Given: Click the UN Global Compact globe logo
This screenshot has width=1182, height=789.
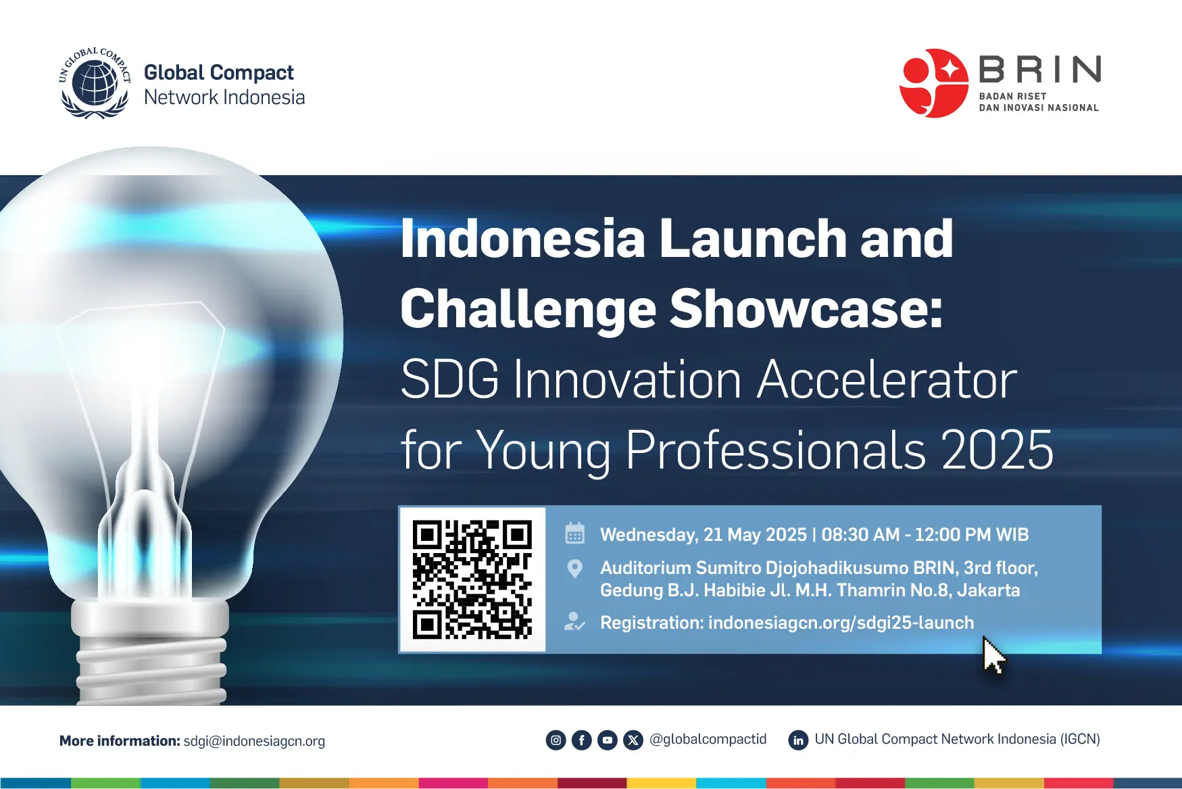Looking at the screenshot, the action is (x=95, y=84).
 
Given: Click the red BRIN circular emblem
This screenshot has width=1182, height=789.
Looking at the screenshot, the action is (x=934, y=83).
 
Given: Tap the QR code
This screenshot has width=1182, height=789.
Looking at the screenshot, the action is (x=472, y=579).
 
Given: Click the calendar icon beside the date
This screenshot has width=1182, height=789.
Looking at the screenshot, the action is (x=574, y=533).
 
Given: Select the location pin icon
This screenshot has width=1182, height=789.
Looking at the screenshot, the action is (x=574, y=569).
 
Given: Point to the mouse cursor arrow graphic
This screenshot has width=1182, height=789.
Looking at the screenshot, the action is (x=993, y=655).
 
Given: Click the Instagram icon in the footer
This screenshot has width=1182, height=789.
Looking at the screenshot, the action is (x=556, y=740).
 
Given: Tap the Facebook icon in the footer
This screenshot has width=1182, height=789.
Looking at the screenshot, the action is (x=581, y=740).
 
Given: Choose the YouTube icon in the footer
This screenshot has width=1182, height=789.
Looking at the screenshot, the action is (x=607, y=740).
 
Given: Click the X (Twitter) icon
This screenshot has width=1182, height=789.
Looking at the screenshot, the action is (x=633, y=740).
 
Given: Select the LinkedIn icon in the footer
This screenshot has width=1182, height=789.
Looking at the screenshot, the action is (x=798, y=740).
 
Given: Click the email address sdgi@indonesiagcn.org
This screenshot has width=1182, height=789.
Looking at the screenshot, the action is (x=254, y=741).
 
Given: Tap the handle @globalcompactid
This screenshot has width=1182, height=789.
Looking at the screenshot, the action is (x=708, y=740).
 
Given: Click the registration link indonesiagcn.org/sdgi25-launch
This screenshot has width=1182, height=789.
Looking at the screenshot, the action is (x=841, y=623).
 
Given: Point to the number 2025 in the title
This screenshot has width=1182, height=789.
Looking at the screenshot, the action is (x=998, y=450).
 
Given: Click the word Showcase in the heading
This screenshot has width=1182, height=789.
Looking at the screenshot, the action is (x=806, y=308).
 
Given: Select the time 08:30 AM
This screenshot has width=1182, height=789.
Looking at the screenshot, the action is (x=860, y=535).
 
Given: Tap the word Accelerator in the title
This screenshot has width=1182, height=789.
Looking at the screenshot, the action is (x=887, y=379).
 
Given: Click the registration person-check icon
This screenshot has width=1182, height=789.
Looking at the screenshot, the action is (x=574, y=622).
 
